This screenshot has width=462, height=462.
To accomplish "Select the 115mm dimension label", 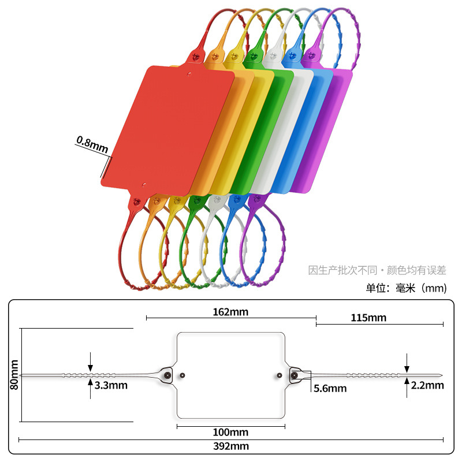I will [x=368, y=318].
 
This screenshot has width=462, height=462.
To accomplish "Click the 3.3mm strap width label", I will [x=111, y=385].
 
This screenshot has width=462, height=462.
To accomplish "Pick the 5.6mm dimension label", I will [x=330, y=388].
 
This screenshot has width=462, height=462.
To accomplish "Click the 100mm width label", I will [x=230, y=432].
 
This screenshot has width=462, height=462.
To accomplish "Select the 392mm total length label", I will [x=230, y=446].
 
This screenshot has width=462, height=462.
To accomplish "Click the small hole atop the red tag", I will [x=188, y=73].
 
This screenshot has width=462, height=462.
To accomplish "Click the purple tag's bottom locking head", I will [x=255, y=200].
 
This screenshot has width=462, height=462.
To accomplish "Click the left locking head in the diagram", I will [x=167, y=375].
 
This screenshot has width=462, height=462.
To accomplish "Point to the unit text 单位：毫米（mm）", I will [x=406, y=288].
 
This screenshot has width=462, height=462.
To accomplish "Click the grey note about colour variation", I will [x=378, y=270].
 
